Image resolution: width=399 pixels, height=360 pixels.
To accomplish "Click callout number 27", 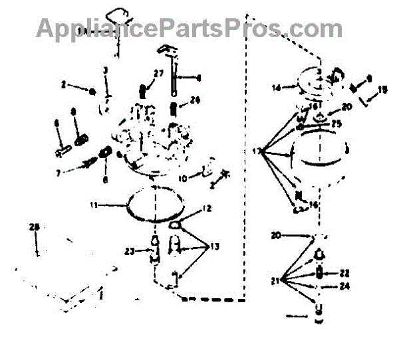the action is point(158,73).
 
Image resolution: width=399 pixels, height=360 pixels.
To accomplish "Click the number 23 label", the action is point(130,250).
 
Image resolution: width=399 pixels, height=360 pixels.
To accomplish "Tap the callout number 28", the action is point(35,228).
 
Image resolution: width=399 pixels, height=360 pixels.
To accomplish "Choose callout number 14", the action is point(275,86).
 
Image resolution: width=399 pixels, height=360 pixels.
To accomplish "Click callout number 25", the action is point(336,124).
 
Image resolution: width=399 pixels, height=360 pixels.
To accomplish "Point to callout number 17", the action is point(255,151).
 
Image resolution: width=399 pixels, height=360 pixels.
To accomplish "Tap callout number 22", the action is point(344,272).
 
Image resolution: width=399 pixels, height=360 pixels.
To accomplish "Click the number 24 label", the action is point(344,287).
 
